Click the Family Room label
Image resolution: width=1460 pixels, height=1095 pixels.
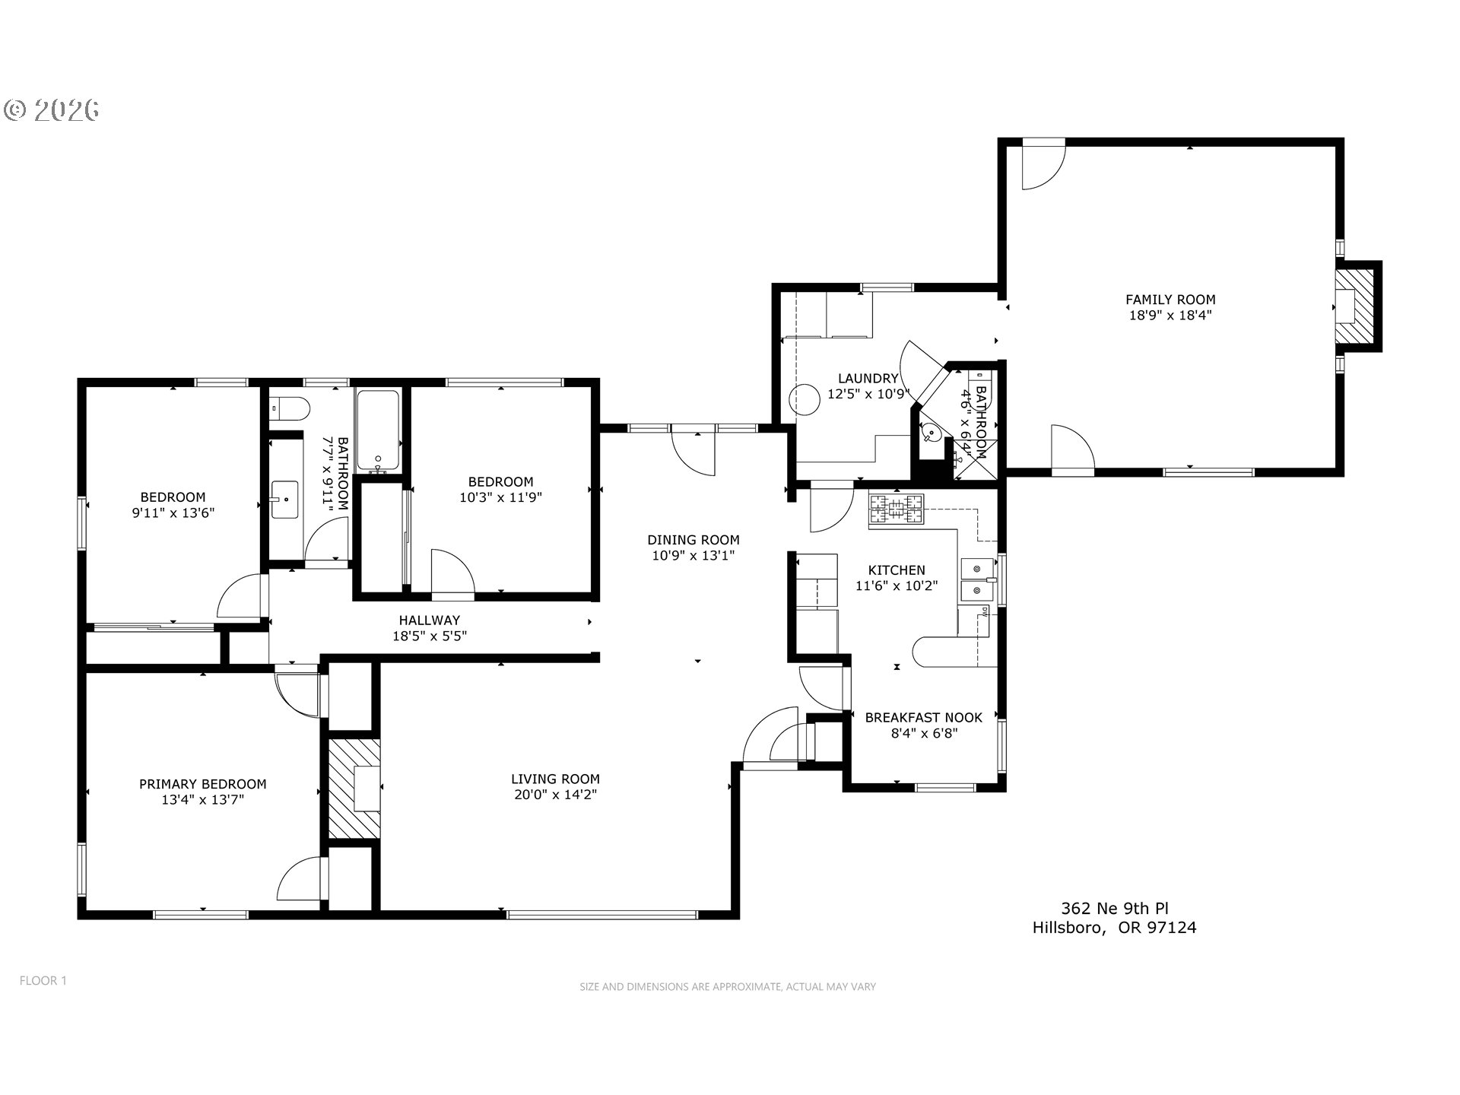pos(1170,300)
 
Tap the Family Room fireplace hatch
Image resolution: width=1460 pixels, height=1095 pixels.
pos(1356,306)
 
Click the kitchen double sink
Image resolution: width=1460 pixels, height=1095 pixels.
pos(977,579)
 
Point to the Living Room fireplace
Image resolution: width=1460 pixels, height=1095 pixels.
pos(354,789)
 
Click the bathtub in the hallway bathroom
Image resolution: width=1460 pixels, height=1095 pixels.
pos(378,431)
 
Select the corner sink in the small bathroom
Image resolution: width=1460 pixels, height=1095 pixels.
pos(931,433)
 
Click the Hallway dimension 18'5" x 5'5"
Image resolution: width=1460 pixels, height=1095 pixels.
pos(429,636)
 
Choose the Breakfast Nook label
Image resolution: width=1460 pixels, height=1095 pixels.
pos(923,717)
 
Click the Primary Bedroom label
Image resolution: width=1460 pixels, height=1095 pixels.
pos(202,784)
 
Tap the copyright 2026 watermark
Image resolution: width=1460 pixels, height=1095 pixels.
pos(52,110)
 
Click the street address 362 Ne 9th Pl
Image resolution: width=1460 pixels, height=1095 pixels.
pos(1114,908)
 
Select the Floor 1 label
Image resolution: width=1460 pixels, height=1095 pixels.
pos(43,980)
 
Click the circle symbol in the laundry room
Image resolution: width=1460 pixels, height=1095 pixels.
pos(802,398)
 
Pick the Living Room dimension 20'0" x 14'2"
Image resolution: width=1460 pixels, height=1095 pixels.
pos(555,795)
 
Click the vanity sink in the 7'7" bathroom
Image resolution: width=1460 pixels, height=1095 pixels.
pos(285,500)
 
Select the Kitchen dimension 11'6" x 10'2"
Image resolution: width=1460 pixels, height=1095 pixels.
pos(897,586)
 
